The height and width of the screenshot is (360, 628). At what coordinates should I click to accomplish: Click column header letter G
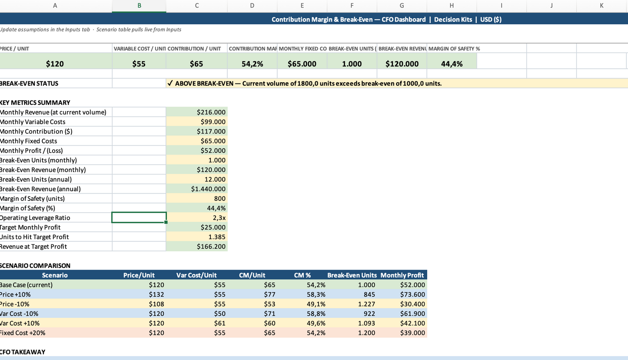pos(402,6)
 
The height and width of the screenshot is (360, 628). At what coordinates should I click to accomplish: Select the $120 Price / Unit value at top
pos(55,64)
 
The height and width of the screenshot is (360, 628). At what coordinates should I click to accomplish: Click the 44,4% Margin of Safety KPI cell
pos(452,64)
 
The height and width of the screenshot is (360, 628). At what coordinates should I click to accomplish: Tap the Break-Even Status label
pos(30,83)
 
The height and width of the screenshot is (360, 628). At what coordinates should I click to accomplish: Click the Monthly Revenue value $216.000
pos(211,112)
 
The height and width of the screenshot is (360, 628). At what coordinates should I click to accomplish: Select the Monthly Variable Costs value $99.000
pos(213,122)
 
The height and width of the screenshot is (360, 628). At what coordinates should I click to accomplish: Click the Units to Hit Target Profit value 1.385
pos(217,237)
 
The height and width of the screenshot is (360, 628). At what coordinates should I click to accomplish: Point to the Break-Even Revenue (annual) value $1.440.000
pos(208,189)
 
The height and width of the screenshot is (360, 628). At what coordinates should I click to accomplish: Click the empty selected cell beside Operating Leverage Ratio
pos(139,217)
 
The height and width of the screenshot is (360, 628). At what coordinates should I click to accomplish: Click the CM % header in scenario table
pos(302,275)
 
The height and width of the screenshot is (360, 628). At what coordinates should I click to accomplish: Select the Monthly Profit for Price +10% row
pos(412,294)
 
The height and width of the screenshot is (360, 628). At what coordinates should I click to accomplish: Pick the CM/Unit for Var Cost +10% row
pos(269,323)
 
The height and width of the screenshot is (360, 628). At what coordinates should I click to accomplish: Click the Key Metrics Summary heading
pos(35,103)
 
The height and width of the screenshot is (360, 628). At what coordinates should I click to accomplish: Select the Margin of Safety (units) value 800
pos(219,199)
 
